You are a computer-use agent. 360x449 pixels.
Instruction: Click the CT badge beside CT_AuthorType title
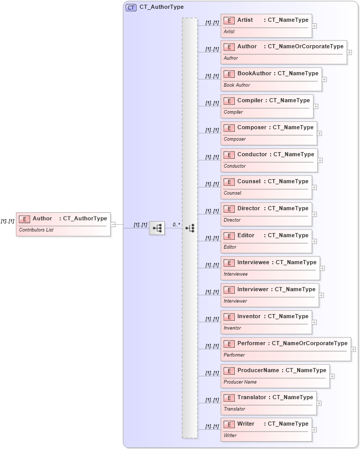[131, 8]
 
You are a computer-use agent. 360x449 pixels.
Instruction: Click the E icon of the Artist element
[229, 20]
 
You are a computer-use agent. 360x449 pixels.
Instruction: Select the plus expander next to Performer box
[353, 349]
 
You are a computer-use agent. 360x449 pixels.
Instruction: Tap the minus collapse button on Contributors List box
[113, 224]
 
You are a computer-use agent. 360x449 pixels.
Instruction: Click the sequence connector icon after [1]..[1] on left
[157, 228]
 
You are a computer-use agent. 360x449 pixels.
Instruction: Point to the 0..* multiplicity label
[177, 225]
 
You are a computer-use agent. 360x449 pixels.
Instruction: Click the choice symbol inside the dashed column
[190, 228]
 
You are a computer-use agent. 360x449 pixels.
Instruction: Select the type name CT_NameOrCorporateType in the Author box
[305, 47]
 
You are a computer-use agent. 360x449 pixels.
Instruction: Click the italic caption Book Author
[237, 85]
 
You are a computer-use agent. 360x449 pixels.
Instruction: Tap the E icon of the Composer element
[229, 128]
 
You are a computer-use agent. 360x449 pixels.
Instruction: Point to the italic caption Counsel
[232, 193]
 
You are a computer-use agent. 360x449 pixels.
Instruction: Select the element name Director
[248, 209]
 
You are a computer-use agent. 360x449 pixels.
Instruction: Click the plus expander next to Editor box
[314, 241]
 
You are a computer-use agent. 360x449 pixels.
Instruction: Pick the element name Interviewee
[253, 263]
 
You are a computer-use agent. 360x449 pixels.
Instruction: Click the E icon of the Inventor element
[229, 317]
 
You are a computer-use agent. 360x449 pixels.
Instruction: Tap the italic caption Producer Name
[240, 382]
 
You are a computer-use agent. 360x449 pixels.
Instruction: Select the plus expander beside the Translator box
[319, 403]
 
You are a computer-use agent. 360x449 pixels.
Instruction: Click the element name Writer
[246, 424]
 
